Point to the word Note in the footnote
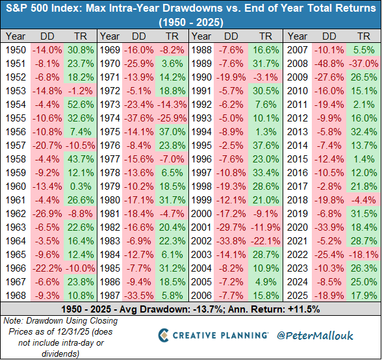coord(12,320)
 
